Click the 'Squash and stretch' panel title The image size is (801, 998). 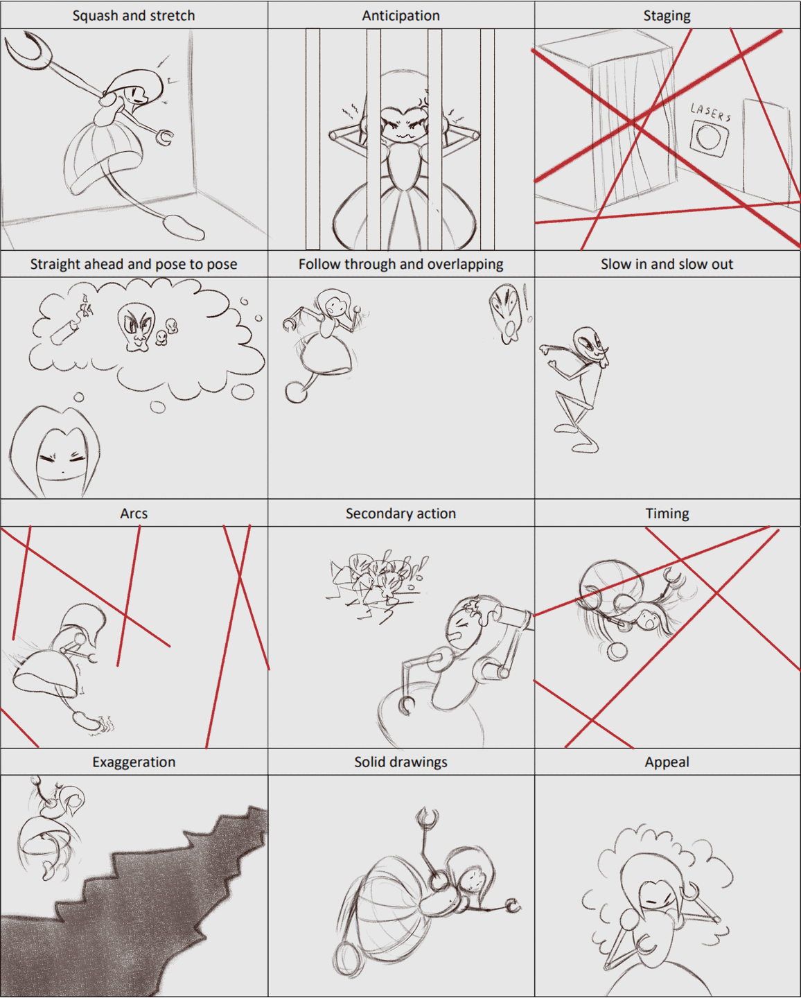(x=134, y=15)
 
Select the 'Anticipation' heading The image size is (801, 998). (x=400, y=15)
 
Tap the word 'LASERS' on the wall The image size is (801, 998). (x=710, y=112)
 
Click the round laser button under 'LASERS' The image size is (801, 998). (x=708, y=137)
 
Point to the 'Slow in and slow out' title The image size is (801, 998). (x=667, y=264)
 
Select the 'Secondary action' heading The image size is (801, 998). (x=400, y=514)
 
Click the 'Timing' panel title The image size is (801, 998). (x=667, y=514)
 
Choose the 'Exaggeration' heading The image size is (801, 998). (x=134, y=762)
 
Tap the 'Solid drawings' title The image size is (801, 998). (x=400, y=762)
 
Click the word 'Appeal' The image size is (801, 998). (x=667, y=762)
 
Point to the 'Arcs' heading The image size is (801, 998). (x=134, y=514)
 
